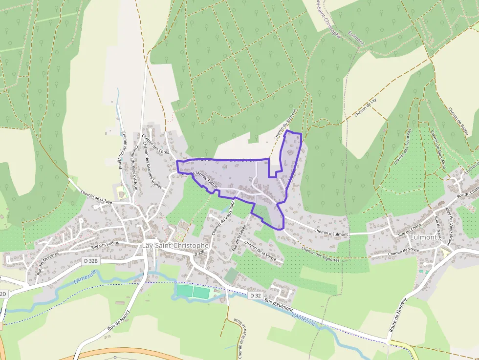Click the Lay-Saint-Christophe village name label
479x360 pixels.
[x=175, y=245]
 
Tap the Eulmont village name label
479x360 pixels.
[x=423, y=237]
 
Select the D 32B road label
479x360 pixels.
[x=91, y=261]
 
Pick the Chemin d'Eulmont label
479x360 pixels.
[x=331, y=234]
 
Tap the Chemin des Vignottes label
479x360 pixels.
[x=320, y=254]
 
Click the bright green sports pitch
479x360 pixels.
[x=193, y=292]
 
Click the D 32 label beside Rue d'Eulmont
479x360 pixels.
[x=255, y=296]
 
